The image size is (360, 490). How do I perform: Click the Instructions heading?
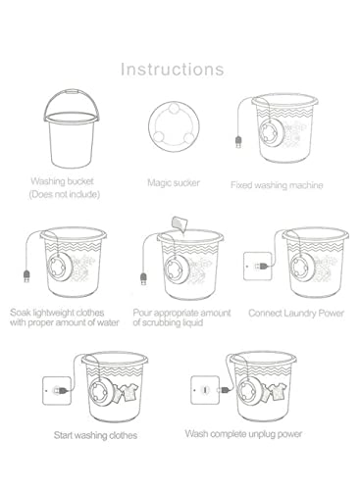point(173,70)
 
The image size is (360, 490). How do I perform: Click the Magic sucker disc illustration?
point(174,126)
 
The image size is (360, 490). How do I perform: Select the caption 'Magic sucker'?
point(174,182)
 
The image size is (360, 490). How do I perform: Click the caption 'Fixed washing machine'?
point(277,185)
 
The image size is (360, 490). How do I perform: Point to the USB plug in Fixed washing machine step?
point(238,142)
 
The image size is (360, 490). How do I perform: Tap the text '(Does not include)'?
point(65,194)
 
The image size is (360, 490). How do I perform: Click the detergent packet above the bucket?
point(180,223)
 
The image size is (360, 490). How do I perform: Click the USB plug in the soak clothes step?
point(26,276)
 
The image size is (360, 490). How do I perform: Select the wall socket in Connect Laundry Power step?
point(258,267)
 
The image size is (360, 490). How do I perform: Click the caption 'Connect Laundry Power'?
point(296,314)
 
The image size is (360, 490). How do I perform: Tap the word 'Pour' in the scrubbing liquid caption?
point(142,313)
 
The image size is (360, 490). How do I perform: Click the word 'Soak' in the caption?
point(20,313)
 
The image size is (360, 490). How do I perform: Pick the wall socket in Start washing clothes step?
point(57,391)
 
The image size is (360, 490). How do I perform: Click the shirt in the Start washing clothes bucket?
point(129,392)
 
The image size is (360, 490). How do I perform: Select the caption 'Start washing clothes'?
point(95,435)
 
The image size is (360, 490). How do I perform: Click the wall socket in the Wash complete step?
point(205,390)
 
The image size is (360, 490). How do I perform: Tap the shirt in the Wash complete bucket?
point(277,392)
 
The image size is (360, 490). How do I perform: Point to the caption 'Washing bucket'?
point(62,181)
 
